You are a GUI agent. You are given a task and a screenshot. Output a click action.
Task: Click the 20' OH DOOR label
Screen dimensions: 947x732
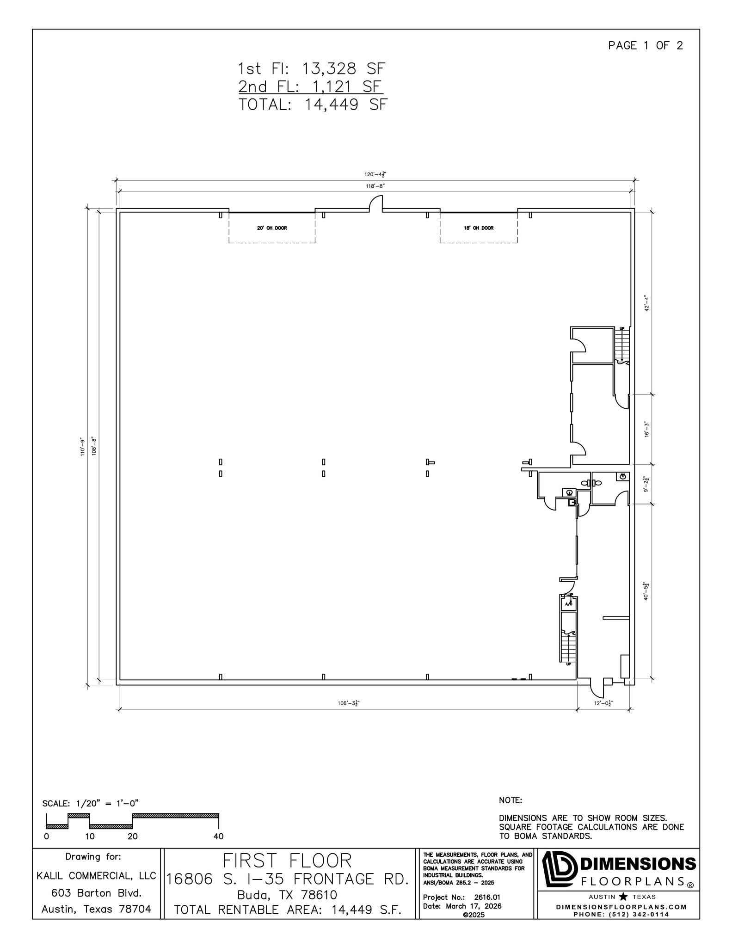pos(272,228)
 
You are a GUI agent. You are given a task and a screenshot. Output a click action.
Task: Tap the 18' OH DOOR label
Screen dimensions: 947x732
pos(479,228)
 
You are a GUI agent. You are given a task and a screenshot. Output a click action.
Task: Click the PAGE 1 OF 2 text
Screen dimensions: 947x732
pos(645,45)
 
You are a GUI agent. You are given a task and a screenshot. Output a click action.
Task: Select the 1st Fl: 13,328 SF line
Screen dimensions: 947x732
pos(311,69)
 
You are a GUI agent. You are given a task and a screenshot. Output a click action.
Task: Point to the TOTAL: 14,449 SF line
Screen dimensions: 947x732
pos(313,105)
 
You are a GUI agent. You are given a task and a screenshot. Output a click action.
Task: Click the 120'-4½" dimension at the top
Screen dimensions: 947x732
pos(375,175)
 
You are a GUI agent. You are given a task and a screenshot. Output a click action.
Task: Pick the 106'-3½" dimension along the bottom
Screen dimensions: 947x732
pos(348,703)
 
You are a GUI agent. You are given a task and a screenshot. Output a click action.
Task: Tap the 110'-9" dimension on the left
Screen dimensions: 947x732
pos(83,447)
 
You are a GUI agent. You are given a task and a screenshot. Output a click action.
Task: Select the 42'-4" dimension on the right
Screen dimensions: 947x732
pos(647,303)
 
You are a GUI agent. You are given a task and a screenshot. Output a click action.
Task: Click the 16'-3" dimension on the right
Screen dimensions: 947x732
pos(647,429)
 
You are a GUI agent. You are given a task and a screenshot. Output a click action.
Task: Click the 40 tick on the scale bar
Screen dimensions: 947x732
pos(218,836)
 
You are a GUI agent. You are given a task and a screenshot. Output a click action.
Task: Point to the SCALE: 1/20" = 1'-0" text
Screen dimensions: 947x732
pos(91,803)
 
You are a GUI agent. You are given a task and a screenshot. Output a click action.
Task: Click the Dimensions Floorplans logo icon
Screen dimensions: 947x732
pos(559,869)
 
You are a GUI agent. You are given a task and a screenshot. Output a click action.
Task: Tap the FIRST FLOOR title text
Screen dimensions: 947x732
pos(287,861)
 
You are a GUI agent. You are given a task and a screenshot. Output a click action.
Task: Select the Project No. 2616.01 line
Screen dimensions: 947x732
pos(461,898)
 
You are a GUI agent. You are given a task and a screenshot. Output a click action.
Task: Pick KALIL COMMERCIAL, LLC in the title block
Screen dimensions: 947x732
pos(96,876)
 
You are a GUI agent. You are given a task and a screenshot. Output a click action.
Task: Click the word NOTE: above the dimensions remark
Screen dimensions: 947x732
pos(510,800)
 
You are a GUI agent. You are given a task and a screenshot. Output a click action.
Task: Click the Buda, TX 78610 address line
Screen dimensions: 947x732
pos(287,895)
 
